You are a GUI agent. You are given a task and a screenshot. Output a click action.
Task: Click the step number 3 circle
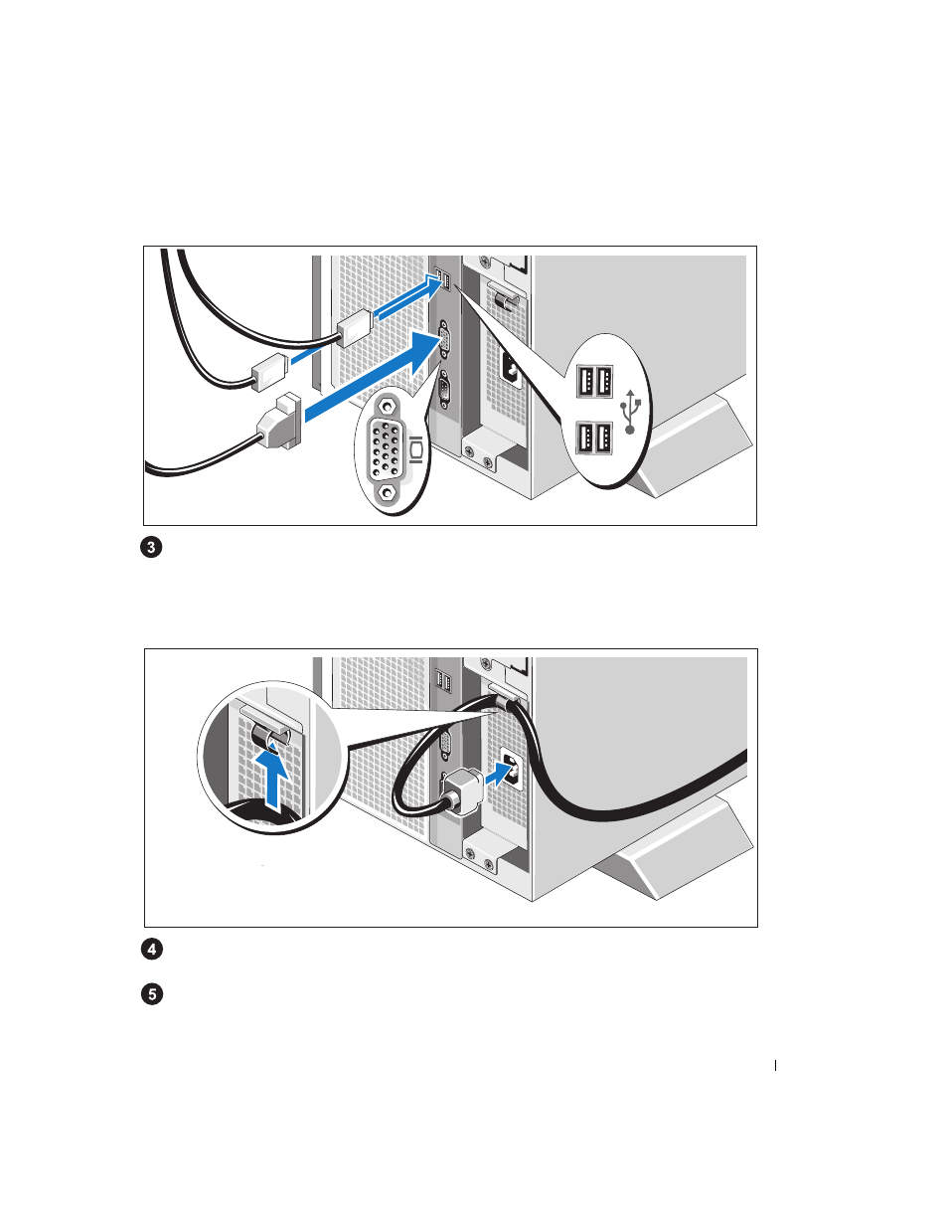(x=151, y=547)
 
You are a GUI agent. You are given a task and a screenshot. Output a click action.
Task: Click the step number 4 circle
(x=152, y=949)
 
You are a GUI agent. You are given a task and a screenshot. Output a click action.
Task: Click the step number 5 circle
(x=152, y=993)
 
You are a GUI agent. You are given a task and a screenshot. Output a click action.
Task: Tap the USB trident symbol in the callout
(x=630, y=411)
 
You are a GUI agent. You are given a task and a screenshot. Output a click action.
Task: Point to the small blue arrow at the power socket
(x=499, y=773)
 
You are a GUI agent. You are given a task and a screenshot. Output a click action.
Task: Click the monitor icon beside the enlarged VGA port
(x=416, y=449)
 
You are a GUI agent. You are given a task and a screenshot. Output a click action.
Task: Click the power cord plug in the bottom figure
(x=462, y=791)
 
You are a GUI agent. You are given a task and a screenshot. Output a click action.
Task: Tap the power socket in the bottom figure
(x=512, y=767)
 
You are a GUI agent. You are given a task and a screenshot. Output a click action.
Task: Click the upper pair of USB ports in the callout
(x=594, y=382)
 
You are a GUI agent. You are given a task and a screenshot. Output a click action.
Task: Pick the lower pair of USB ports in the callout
(x=594, y=438)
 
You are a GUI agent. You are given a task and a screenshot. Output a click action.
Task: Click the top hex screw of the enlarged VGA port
(x=387, y=407)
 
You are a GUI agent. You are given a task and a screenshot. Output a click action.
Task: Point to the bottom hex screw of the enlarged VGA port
(x=387, y=493)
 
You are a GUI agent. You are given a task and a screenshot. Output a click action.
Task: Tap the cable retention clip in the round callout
(x=269, y=735)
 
